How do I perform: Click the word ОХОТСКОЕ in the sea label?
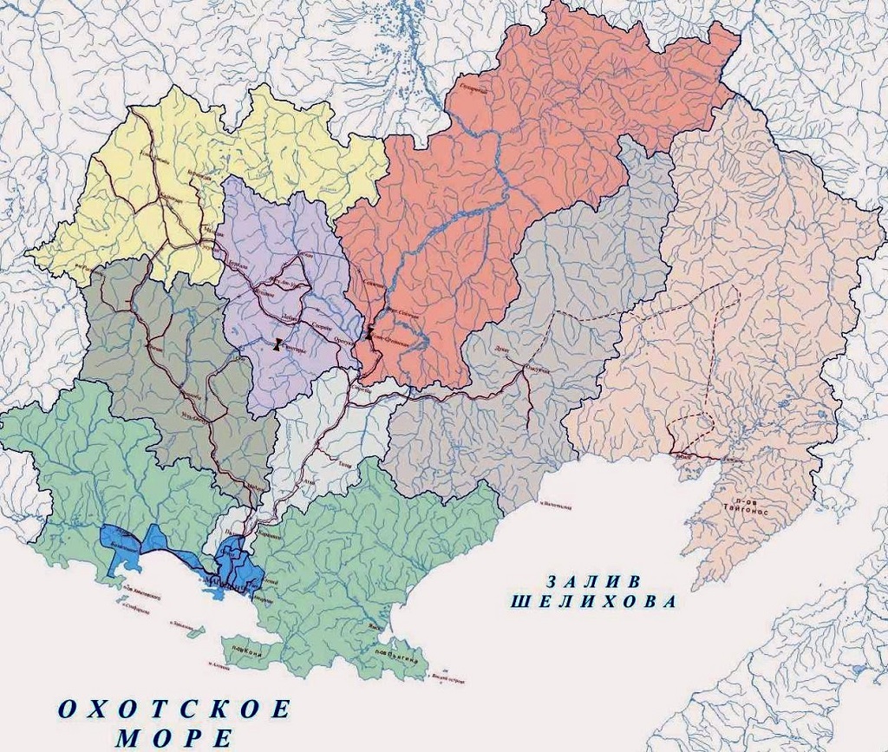click(x=174, y=709)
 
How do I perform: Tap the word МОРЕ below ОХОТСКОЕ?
click(x=174, y=739)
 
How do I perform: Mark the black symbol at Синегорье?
click(x=277, y=345)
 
